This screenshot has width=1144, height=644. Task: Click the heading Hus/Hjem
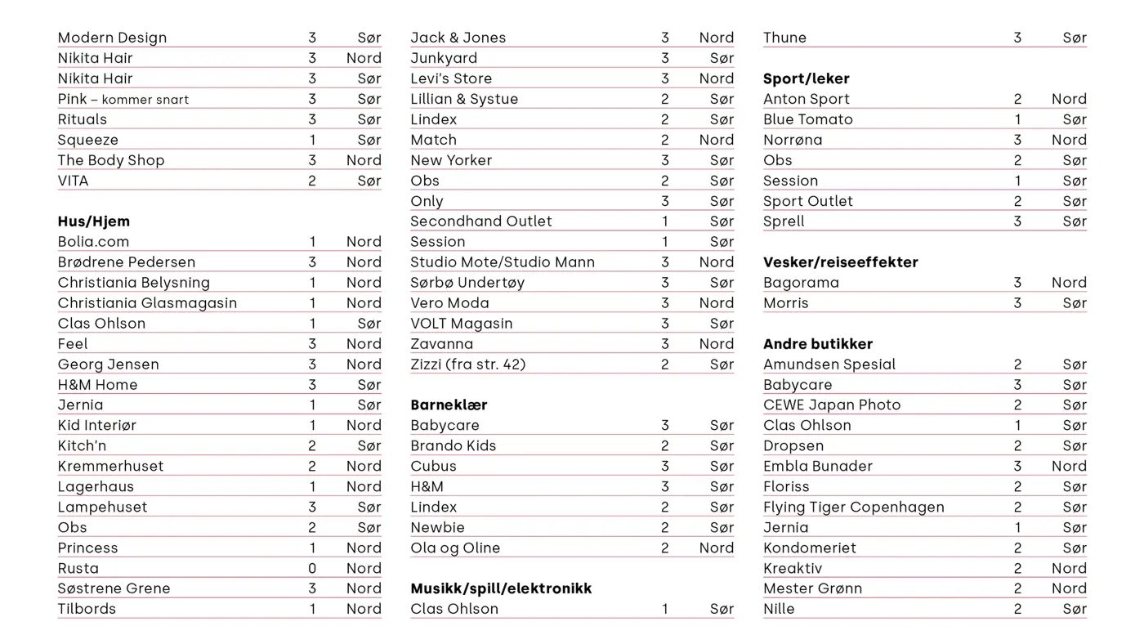(93, 221)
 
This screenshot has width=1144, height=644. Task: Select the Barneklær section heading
(449, 405)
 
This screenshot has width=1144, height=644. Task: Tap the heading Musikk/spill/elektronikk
(501, 588)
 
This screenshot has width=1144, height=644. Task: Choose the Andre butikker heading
(817, 344)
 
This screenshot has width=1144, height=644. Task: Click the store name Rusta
(78, 568)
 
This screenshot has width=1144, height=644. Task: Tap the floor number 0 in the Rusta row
(312, 568)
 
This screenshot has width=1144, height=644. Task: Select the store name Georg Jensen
(108, 364)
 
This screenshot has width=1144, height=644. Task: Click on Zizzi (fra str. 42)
(467, 364)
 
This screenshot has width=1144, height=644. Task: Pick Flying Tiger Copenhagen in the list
(853, 507)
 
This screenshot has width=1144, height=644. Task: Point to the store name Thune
(784, 38)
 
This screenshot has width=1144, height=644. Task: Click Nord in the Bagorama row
(1069, 283)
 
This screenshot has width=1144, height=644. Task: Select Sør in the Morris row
(1075, 303)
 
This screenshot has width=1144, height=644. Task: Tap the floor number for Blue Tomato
(1017, 119)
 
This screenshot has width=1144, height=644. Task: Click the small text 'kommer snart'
(145, 100)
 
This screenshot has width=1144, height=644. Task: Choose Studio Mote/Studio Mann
(502, 262)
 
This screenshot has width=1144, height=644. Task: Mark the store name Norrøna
(793, 140)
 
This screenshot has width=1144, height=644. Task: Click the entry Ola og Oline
(454, 548)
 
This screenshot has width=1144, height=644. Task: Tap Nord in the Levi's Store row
(716, 78)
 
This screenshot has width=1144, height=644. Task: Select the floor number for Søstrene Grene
(312, 588)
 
